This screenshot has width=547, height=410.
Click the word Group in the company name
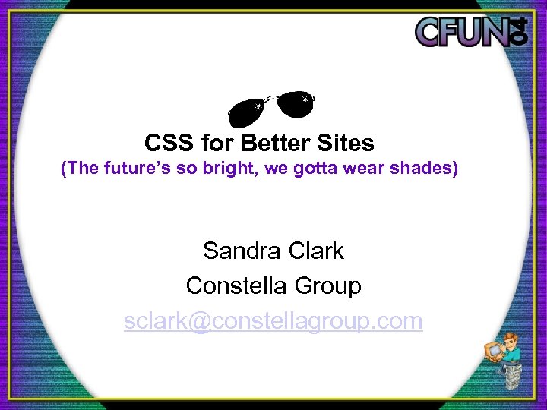pyautogui.click(x=327, y=286)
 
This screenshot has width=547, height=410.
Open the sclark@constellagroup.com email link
pyautogui.click(x=273, y=321)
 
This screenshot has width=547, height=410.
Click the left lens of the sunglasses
pyautogui.click(x=249, y=112)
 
